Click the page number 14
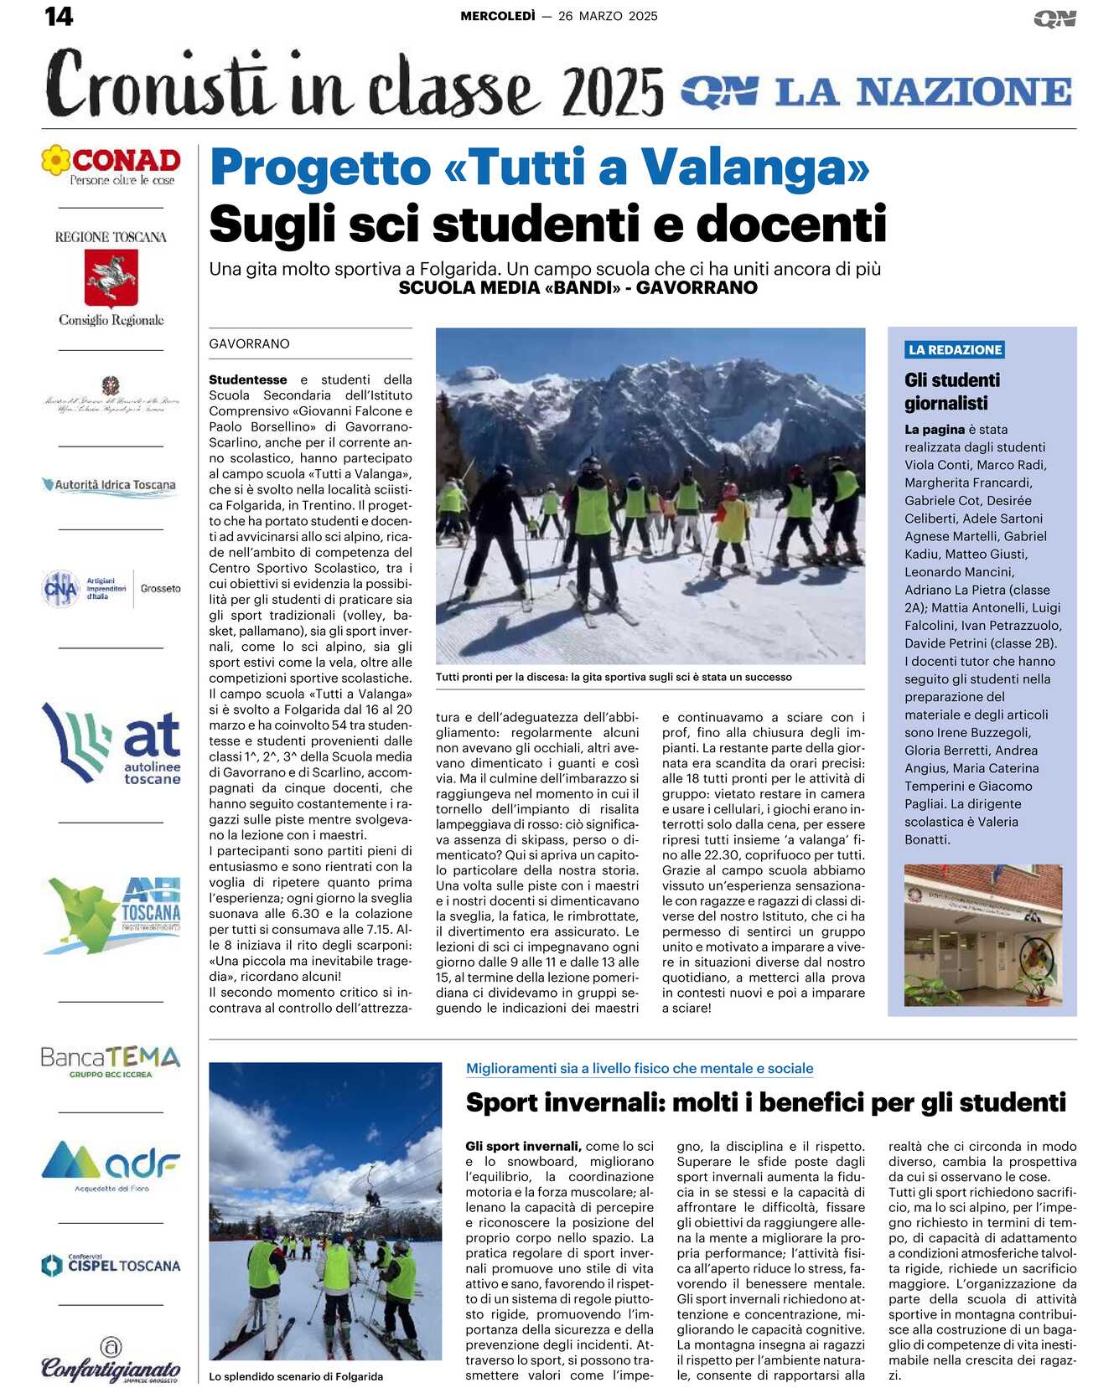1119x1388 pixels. coord(59,16)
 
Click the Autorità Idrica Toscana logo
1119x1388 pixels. coord(110,485)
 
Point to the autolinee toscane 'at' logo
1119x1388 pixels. coord(111,744)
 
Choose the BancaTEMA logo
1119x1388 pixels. coord(111,1060)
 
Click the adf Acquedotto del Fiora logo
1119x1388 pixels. coord(111,1164)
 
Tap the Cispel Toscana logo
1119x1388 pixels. coord(111,1265)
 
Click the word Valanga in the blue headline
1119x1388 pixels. coord(755,168)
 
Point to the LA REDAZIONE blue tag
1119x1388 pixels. coord(955,350)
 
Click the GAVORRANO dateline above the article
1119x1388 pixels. coord(249,344)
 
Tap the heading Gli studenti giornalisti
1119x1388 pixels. coord(952,391)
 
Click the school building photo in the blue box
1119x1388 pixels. coord(982,935)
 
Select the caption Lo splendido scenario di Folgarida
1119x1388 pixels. coord(296,1376)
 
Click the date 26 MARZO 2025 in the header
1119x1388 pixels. coord(608,16)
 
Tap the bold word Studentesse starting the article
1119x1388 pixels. coord(247,380)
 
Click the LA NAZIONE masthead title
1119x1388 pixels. coord(922,92)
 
